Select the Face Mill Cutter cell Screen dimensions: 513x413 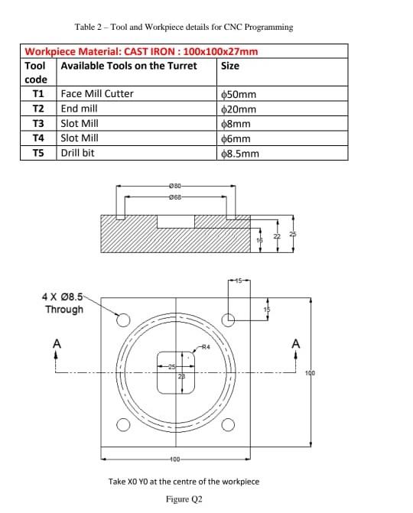(x=97, y=93)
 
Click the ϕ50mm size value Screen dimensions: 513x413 (x=238, y=94)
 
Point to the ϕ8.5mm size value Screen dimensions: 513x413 (x=240, y=154)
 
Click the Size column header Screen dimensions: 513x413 (x=229, y=66)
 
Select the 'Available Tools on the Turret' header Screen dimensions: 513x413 (x=128, y=66)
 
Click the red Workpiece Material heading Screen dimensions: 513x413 (x=141, y=52)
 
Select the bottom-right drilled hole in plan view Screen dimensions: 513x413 (x=227, y=425)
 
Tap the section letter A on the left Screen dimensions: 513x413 (x=55, y=345)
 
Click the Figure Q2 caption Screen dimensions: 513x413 (x=184, y=498)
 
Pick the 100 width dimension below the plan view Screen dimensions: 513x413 (x=175, y=459)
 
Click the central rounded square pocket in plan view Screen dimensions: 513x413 (x=176, y=372)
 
